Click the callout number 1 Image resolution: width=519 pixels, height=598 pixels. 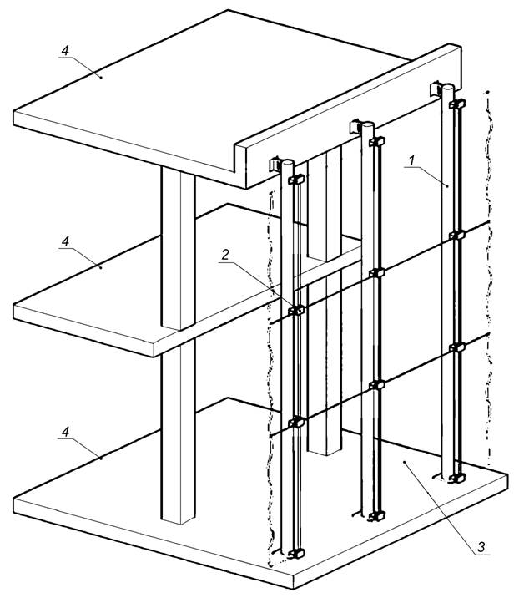411,160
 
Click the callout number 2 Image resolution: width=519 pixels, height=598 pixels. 225,255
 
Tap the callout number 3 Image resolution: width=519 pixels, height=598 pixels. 481,546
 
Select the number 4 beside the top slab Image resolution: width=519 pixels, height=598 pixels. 66,50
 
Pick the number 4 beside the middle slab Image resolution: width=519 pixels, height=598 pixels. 66,241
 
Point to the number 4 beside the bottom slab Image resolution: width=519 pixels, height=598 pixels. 66,432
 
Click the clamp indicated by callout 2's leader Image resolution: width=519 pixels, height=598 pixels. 296,310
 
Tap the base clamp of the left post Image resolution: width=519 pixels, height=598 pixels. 296,554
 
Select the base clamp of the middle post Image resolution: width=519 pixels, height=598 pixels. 376,516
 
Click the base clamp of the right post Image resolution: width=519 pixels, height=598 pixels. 457,478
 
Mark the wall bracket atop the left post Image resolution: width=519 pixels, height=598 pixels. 275,165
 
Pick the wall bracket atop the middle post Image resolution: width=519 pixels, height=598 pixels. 355,126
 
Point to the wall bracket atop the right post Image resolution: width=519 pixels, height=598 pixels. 436,89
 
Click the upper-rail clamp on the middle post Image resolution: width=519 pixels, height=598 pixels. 377,272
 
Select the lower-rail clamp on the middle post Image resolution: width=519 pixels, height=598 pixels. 377,385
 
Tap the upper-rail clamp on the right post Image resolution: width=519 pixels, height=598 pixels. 457,235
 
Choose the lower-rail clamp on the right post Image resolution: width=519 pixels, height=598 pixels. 457,347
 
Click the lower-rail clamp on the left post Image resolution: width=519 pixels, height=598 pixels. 296,422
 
